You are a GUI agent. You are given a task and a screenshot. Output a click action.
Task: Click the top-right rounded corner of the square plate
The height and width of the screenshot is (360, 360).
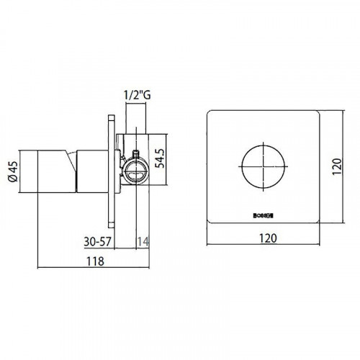point(315,114)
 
